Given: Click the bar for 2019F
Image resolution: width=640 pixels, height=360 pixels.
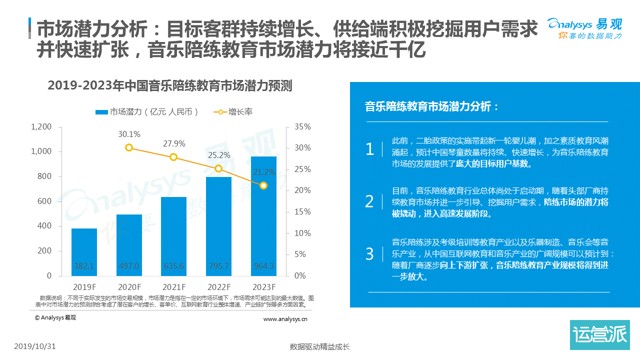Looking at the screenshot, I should pyautogui.click(x=84, y=252).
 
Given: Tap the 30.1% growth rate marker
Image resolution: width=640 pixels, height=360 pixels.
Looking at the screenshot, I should pyautogui.click(x=129, y=147).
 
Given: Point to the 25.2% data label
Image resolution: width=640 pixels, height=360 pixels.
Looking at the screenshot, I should pyautogui.click(x=218, y=155).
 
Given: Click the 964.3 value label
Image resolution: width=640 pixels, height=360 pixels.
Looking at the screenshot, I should pyautogui.click(x=263, y=266).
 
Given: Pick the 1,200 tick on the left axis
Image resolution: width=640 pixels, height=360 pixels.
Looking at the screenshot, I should pyautogui.click(x=41, y=127).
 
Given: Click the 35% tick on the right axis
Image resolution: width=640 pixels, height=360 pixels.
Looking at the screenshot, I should pyautogui.click(x=302, y=127).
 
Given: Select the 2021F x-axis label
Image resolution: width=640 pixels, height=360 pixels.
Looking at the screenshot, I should pyautogui.click(x=174, y=287).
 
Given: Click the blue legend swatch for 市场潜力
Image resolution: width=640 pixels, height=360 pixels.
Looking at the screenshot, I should pyautogui.click(x=101, y=112).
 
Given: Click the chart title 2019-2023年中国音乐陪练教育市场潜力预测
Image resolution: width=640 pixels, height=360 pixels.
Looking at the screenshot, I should pyautogui.click(x=169, y=86).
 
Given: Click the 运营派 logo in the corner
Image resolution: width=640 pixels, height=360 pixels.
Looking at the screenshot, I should pyautogui.click(x=599, y=334).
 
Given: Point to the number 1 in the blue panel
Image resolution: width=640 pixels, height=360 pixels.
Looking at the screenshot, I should pyautogui.click(x=369, y=149).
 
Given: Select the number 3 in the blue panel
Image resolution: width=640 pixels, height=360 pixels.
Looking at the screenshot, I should pyautogui.click(x=369, y=254).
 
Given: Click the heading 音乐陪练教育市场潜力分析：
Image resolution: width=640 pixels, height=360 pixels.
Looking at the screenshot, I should pyautogui.click(x=432, y=106).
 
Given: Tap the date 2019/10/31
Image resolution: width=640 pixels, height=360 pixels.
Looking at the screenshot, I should pyautogui.click(x=34, y=346).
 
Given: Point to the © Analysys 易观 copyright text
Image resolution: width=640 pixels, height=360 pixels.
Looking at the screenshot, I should pyautogui.click(x=55, y=317).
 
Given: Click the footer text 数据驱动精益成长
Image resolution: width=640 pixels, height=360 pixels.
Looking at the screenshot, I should pyautogui.click(x=319, y=346).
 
